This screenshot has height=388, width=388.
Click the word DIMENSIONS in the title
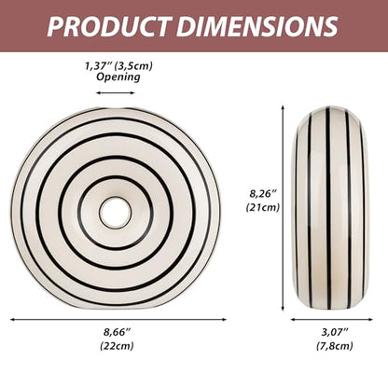pos(257,26)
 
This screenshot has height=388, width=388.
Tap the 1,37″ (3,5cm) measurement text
pos(118,66)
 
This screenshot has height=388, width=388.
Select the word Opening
pos(118,77)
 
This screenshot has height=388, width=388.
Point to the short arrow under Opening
pos(116,92)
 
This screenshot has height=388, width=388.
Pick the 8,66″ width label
pos(117,332)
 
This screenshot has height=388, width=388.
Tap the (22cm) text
pos(117,345)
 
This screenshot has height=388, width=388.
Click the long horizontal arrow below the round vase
pos(118,319)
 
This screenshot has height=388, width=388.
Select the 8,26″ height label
pos(263,193)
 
